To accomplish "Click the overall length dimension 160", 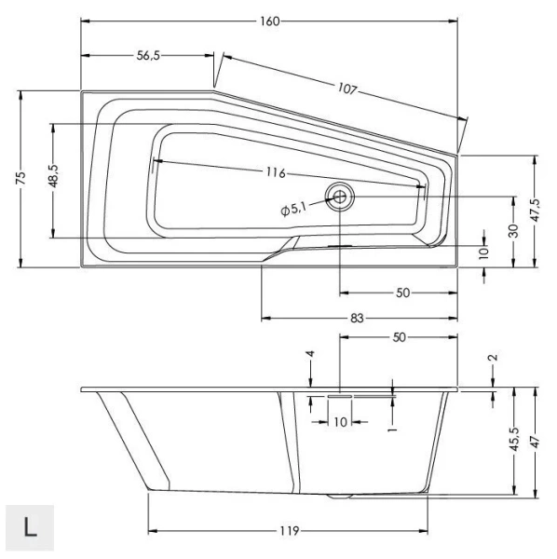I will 270,20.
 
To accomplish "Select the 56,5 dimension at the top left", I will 148,55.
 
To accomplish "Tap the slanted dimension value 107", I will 347,89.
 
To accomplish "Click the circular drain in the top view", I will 339,196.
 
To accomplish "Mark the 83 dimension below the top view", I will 358,319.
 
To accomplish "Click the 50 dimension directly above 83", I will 402,293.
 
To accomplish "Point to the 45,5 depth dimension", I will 513,439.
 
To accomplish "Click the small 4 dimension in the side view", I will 310,356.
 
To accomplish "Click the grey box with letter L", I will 30,526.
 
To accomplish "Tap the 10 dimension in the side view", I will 340,421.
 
